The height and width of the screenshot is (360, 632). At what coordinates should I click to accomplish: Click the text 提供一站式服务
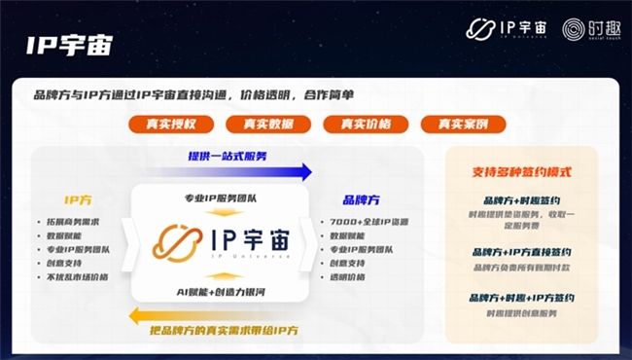point(228,156)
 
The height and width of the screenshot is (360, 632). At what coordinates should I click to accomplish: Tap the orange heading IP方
point(79,199)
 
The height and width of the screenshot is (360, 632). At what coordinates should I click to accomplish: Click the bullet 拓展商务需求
point(71,223)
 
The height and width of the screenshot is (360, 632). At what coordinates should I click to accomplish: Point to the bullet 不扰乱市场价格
point(77,276)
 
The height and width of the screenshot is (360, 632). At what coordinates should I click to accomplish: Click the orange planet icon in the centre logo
point(178,243)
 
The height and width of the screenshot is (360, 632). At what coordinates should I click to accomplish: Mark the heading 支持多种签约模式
point(521,172)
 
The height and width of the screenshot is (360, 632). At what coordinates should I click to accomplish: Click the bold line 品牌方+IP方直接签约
point(521,251)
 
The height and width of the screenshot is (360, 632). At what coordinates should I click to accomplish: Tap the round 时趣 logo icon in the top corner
point(574,29)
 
